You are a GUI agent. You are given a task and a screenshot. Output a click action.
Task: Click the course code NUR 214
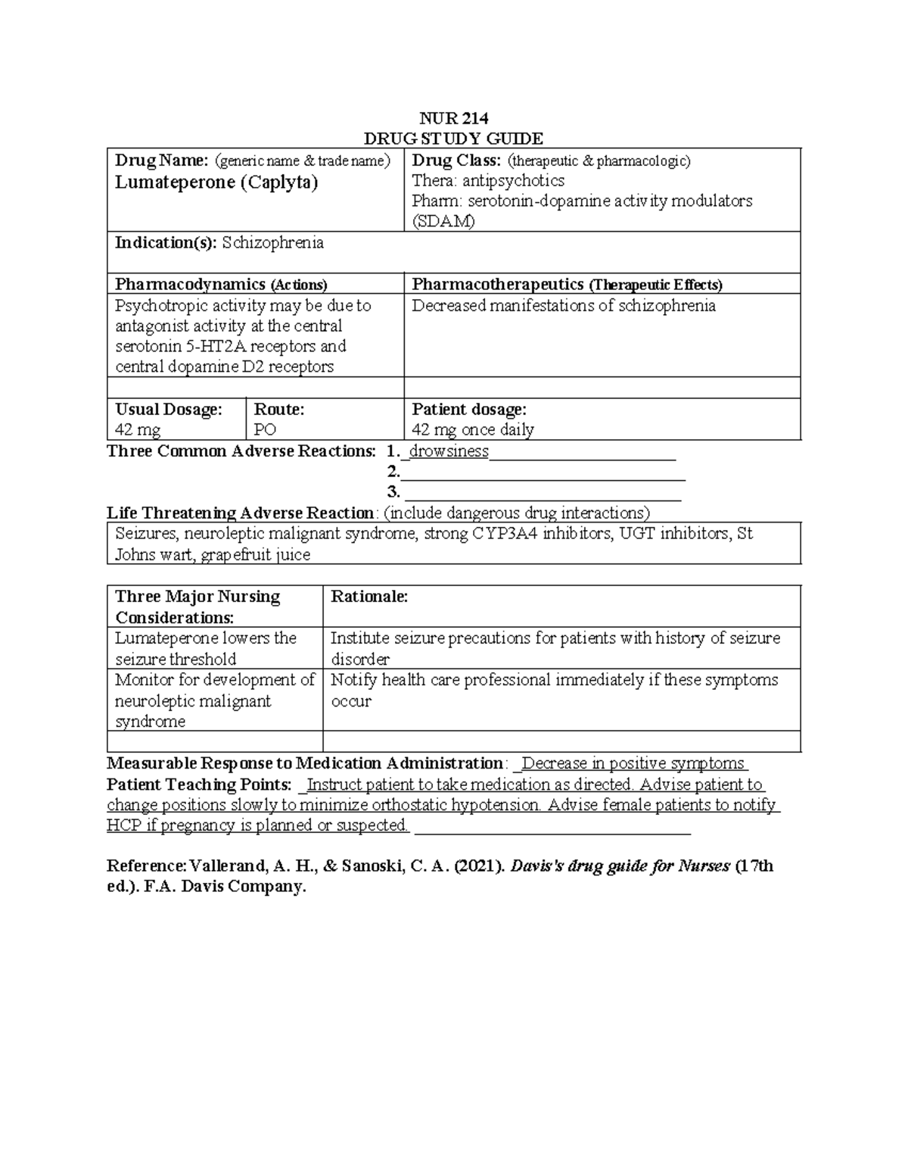[x=454, y=118]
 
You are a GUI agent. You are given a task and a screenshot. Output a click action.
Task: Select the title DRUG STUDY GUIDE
[x=453, y=139]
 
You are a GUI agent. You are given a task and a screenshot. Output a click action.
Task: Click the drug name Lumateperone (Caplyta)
[x=216, y=182]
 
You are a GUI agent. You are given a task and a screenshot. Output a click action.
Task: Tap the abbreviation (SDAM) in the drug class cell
[x=443, y=222]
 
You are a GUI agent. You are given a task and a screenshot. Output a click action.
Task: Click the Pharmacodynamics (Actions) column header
[x=221, y=285]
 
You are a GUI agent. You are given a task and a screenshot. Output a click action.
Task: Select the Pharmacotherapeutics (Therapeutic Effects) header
[x=567, y=285]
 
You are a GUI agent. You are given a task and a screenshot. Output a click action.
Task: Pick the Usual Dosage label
[x=168, y=410]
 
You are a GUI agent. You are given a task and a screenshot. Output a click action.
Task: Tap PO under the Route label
[x=265, y=430]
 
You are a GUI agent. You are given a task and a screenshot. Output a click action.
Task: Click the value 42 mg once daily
[x=472, y=430]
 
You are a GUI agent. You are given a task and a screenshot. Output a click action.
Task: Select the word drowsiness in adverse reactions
[x=449, y=452]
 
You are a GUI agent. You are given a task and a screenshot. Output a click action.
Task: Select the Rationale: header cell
[x=369, y=597]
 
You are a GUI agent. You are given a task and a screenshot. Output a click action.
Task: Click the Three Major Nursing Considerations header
[x=197, y=607]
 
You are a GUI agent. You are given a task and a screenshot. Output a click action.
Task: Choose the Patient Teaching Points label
[x=199, y=785]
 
